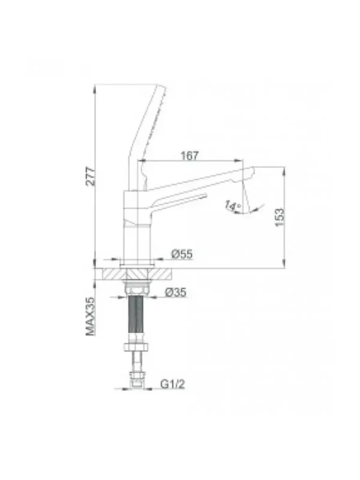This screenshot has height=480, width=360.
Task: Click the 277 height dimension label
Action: (91, 176)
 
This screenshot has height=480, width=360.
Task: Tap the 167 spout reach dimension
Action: (189, 156)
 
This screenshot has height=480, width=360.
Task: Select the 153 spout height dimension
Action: (280, 217)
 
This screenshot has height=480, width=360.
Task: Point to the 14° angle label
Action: (233, 206)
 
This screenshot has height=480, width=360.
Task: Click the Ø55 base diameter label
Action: (182, 254)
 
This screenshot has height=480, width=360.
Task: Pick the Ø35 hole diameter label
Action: (176, 292)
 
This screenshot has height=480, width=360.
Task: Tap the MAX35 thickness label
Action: (91, 316)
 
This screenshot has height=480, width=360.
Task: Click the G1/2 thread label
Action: (173, 384)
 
